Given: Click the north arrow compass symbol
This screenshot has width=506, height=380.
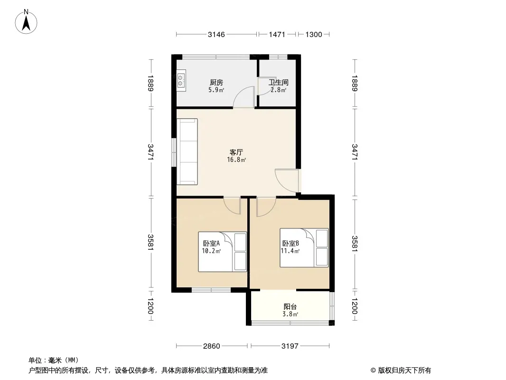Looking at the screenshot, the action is pyautogui.click(x=26, y=22).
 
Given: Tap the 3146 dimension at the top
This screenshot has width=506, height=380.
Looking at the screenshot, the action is pyautogui.click(x=216, y=35).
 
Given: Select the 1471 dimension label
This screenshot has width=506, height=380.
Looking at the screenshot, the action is pyautogui.click(x=277, y=35).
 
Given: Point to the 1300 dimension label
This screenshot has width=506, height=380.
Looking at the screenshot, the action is pyautogui.click(x=314, y=35).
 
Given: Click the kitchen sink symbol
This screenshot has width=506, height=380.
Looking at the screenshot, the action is pyautogui.click(x=181, y=80).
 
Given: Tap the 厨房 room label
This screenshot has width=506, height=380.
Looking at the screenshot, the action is pyautogui.click(x=216, y=83).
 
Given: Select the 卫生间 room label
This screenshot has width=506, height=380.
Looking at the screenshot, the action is pyautogui.click(x=279, y=83).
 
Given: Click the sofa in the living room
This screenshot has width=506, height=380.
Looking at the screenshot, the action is pyautogui.click(x=187, y=152).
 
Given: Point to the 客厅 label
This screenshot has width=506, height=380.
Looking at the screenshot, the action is pyautogui.click(x=236, y=152).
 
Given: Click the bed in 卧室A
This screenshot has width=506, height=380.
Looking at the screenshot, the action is pyautogui.click(x=222, y=252).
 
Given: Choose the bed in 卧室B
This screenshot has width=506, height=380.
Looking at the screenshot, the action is pyautogui.click(x=304, y=247).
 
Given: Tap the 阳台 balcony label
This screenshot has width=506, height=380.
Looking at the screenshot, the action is pyautogui.click(x=290, y=307).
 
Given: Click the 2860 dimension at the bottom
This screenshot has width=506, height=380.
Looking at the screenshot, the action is pyautogui.click(x=212, y=346).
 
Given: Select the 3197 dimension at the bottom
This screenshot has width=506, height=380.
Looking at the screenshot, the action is pyautogui.click(x=290, y=346).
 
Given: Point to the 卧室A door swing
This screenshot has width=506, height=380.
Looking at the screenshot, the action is pyautogui.click(x=232, y=207).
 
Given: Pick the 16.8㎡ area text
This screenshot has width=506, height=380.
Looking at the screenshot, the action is pyautogui.click(x=236, y=160).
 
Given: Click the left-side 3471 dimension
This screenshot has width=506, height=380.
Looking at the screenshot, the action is pyautogui.click(x=150, y=152).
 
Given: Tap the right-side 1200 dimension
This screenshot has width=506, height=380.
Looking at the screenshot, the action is pyautogui.click(x=355, y=306).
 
